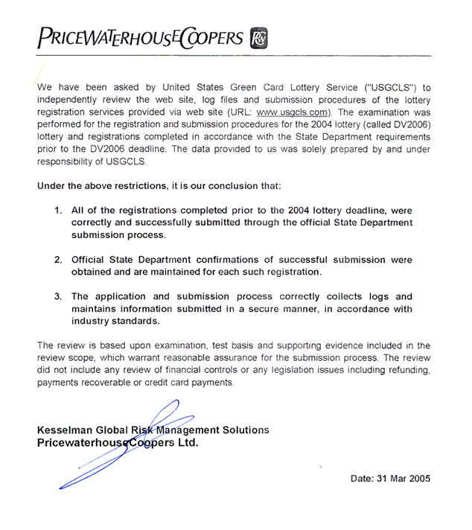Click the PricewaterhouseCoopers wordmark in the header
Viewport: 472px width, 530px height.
coord(139,37)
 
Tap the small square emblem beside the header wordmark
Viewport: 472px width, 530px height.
coord(258,37)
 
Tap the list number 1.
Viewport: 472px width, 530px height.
coord(57,211)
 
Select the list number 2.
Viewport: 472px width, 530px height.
coord(57,260)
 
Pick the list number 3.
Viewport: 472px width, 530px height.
coord(57,296)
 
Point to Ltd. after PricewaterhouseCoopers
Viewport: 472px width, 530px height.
coord(186,442)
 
